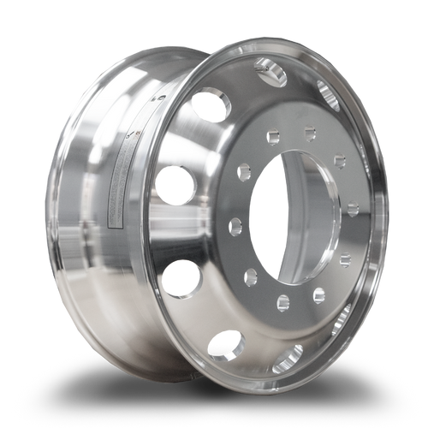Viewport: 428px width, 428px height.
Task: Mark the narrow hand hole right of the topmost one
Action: (327, 92)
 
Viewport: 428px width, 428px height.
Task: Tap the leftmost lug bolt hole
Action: (235, 227)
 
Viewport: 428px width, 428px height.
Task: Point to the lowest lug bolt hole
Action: (283, 302)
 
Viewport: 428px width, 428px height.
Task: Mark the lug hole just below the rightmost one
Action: (344, 259)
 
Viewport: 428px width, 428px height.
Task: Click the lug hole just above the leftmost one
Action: (244, 170)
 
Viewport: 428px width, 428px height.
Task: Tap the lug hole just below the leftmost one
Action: (251, 277)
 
